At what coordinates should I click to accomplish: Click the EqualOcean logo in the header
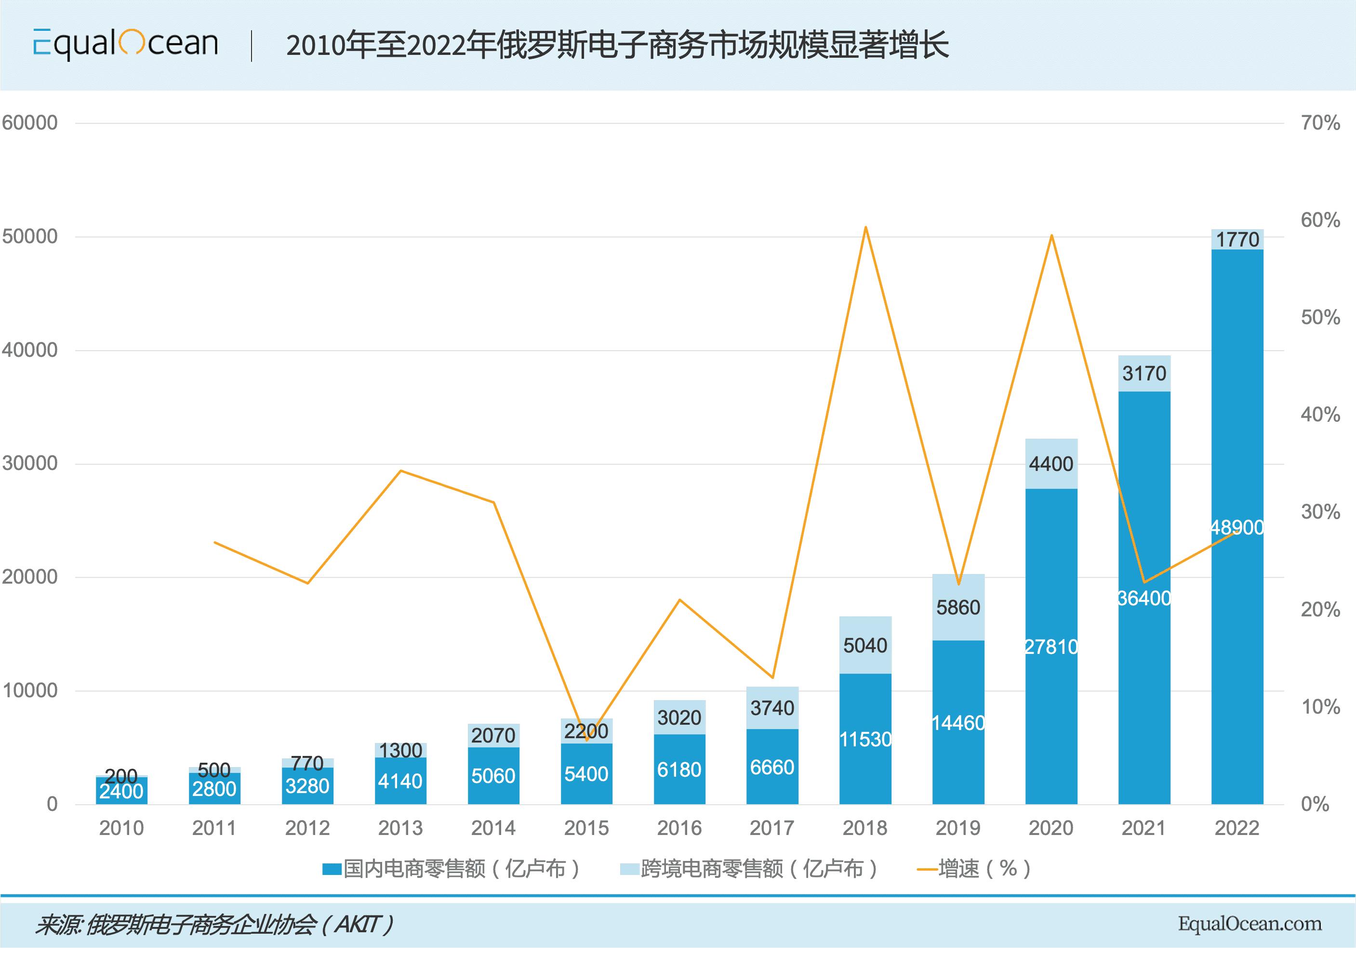[x=125, y=44]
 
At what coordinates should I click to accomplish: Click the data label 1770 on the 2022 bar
[x=1237, y=239]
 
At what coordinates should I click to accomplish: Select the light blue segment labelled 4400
[x=1051, y=464]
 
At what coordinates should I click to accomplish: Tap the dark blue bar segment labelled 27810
[x=1051, y=647]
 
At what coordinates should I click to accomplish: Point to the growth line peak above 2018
[x=865, y=227]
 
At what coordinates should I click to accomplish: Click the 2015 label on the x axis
[x=586, y=828]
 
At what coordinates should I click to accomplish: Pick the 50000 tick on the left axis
[x=30, y=236]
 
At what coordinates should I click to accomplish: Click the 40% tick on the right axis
[x=1320, y=415]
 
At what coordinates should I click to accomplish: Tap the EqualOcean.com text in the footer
[x=1250, y=924]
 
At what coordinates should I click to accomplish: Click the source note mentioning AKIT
[x=214, y=925]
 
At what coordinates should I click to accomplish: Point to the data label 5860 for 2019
[x=957, y=607]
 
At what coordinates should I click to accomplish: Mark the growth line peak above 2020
[x=1051, y=235]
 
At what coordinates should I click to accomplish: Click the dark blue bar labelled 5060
[x=493, y=775]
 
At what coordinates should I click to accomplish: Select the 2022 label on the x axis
[x=1236, y=828]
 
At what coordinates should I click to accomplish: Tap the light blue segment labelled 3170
[x=1144, y=373]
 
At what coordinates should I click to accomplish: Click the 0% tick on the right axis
[x=1315, y=804]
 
